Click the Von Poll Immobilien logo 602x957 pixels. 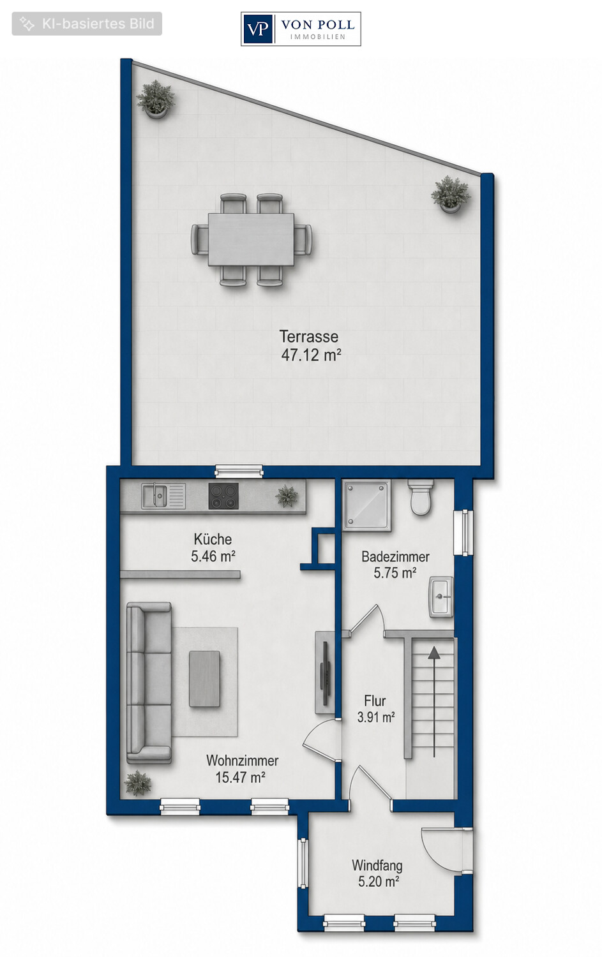tap(301, 29)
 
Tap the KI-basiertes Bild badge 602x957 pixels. tap(87, 24)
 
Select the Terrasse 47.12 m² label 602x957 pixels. tap(310, 346)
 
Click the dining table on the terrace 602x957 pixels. tap(252, 239)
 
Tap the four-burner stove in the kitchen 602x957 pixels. tap(223, 496)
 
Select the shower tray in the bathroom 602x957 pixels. tap(366, 505)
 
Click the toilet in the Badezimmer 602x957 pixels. tap(421, 497)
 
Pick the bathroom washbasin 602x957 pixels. tap(441, 597)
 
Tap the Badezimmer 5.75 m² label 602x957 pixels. tap(395, 565)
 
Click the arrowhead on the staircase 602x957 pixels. tap(434, 651)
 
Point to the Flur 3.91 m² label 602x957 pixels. tap(375, 709)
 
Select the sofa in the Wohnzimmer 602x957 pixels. tap(149, 683)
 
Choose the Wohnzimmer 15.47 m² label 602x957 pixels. tap(242, 769)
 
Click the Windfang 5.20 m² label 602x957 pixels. tap(377, 873)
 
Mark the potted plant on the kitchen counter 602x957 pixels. tap(286, 496)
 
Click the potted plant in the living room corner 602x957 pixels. tap(138, 783)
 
